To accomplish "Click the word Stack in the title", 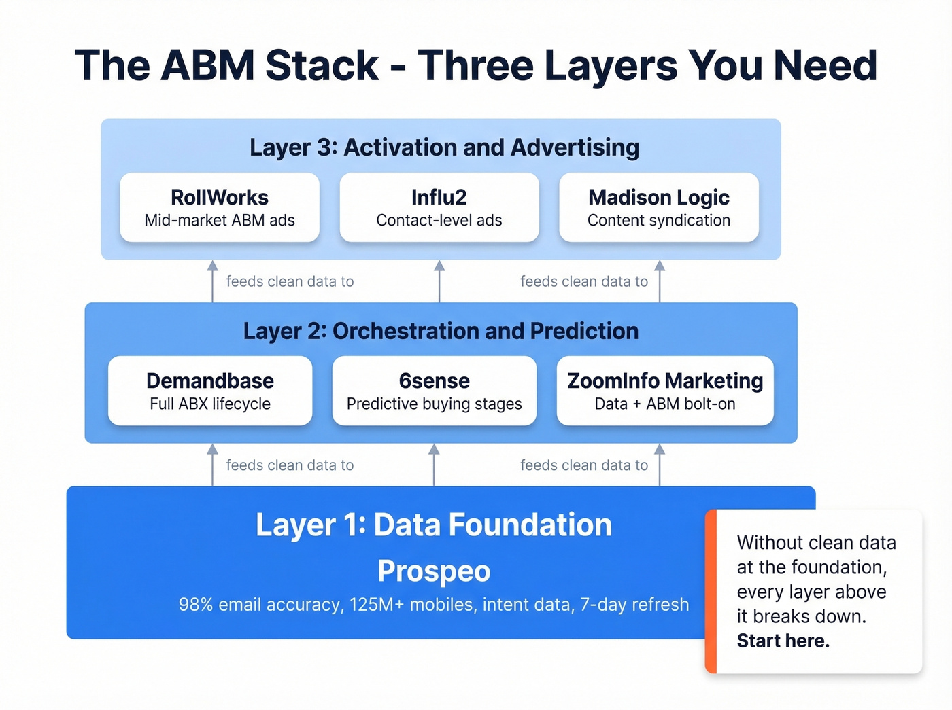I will (321, 66).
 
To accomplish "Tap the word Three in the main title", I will (476, 66).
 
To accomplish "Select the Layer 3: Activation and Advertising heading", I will (444, 147).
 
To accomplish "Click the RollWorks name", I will (220, 197).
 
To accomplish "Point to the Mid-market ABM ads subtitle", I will (220, 221).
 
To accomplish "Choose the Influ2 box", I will (439, 207).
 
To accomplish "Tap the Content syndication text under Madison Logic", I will (658, 221).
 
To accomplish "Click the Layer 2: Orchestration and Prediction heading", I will (441, 331).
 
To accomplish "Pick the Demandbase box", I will (210, 391).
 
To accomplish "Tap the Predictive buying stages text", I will (434, 404).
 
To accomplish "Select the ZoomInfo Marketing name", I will (665, 380).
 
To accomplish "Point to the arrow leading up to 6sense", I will (434, 465).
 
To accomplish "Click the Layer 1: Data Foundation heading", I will (434, 525).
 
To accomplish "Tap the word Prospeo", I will (434, 571).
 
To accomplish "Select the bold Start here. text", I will (783, 641).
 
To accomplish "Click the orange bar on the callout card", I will (711, 591).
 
